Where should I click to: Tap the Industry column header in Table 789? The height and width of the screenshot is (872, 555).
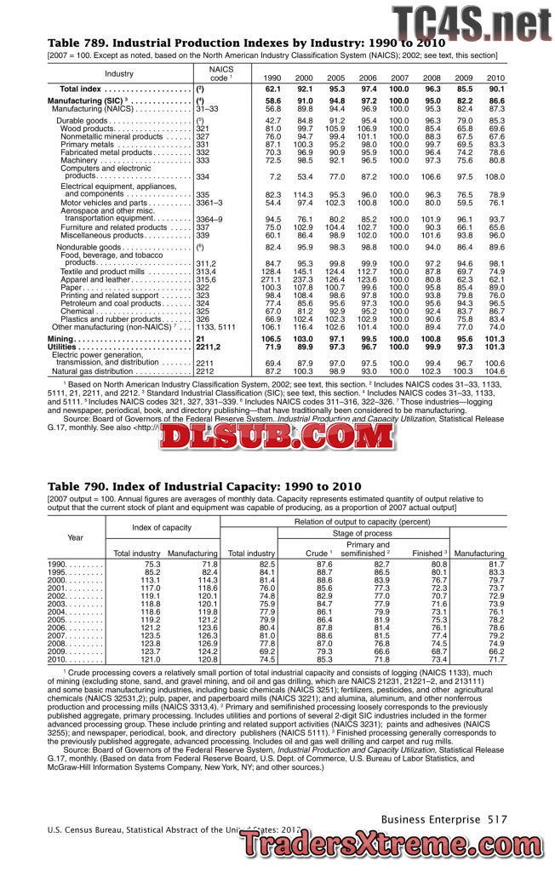(119, 73)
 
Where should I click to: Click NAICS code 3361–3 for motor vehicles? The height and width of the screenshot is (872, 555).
(209, 204)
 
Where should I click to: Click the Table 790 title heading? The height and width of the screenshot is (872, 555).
(205, 485)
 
